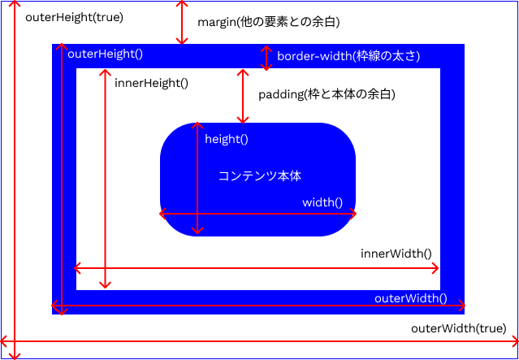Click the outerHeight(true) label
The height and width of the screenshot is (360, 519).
pos(74,17)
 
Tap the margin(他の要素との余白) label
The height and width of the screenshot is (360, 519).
pos(268,21)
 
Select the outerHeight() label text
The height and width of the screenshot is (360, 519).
pos(105,54)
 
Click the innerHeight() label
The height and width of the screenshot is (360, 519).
pos(151,82)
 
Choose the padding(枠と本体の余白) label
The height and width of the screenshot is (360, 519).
pos(327,94)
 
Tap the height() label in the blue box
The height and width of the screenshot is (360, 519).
pos(226,139)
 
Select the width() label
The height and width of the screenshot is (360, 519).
pos(322,202)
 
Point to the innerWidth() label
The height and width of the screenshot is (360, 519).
pos(396,254)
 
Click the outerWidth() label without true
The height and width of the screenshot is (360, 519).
pos(410,298)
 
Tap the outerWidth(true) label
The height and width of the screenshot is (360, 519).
pos(458,328)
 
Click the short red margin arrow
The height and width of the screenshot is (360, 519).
pos(181,22)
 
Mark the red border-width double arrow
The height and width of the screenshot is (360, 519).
pos(266,57)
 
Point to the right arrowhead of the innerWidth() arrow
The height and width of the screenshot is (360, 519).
pos(436,267)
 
